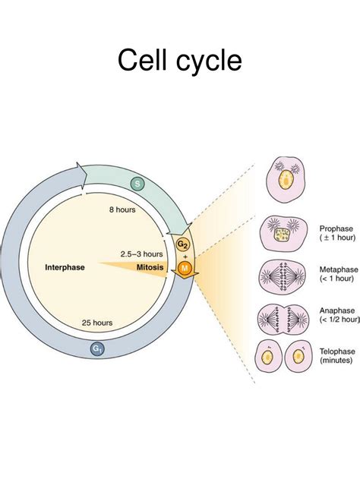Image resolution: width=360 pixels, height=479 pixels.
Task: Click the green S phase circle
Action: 137,183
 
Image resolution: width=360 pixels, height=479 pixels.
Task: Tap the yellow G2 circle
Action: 182,244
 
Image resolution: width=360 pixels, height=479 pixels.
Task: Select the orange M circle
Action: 183,269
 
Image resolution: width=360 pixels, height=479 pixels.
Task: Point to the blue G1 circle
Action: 97,348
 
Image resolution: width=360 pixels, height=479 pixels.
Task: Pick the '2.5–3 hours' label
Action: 141,254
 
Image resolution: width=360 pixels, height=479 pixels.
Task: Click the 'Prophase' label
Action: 336,228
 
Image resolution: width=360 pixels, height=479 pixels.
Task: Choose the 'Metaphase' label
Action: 338,269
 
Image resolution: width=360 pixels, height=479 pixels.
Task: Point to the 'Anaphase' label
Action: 336,310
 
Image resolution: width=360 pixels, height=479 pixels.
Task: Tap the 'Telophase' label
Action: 337,353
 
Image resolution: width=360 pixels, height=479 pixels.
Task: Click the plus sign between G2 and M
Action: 183,257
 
